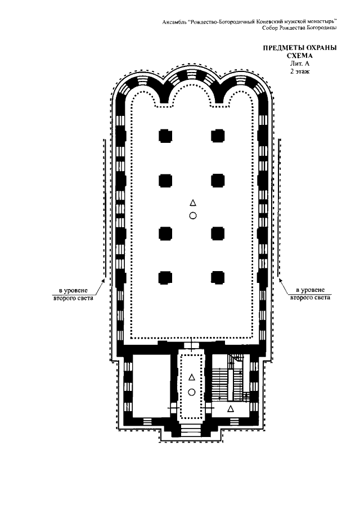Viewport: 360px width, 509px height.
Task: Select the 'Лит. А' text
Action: (x=300, y=64)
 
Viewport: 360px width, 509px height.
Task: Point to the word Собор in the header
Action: (x=271, y=28)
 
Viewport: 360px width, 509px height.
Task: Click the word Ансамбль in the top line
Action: (x=174, y=22)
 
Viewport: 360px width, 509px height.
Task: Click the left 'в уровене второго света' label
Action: (x=73, y=294)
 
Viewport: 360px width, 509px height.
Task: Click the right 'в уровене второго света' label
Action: (x=310, y=294)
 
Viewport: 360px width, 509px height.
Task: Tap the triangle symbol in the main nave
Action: (x=193, y=203)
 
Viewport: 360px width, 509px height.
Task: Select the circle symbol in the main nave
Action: (x=193, y=215)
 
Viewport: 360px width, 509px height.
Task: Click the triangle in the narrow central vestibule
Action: (x=191, y=377)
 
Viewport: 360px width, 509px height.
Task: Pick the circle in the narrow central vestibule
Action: (x=191, y=392)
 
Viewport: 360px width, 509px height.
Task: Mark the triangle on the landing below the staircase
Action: (x=231, y=408)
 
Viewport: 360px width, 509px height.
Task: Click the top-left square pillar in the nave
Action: (x=165, y=136)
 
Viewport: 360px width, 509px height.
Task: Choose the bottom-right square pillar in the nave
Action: (x=218, y=277)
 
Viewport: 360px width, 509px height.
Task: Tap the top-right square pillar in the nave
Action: (x=218, y=136)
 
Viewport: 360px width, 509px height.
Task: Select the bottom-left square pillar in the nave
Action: (x=165, y=277)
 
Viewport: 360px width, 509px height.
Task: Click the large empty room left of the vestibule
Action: (x=152, y=385)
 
